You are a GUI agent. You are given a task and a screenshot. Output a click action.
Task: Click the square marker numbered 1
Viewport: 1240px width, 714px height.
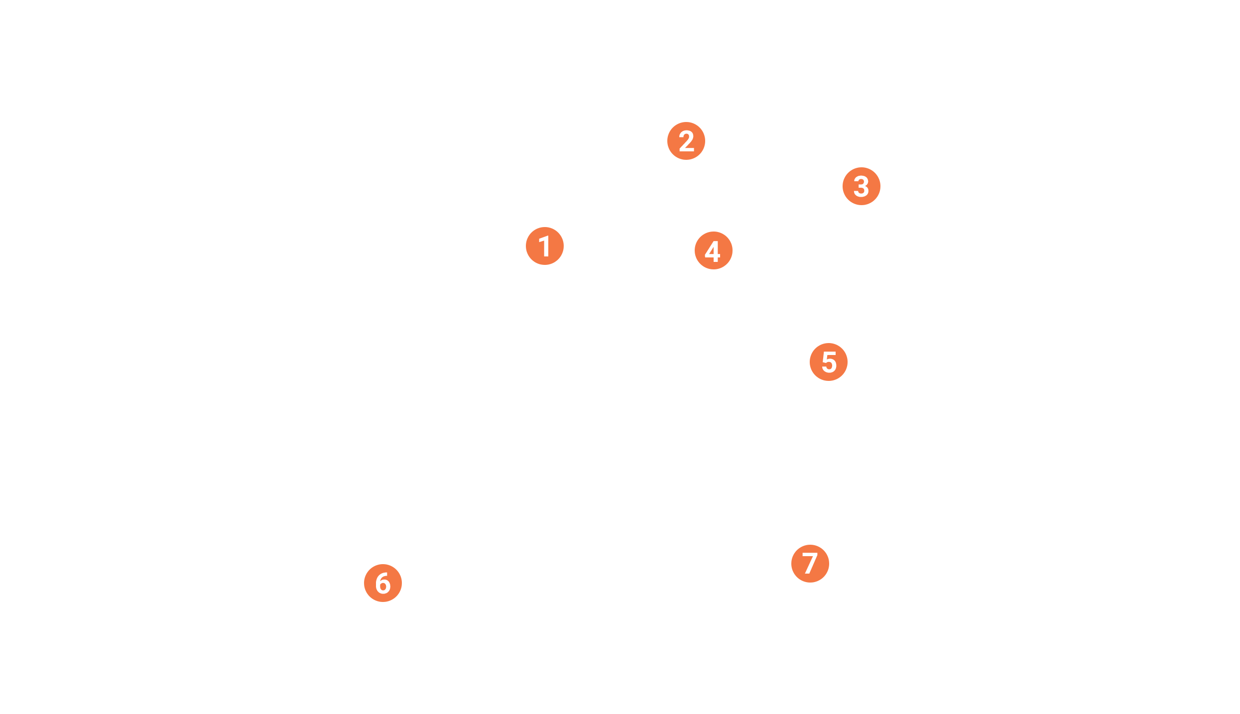coord(545,246)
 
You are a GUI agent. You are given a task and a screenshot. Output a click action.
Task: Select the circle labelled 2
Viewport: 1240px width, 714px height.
coord(686,141)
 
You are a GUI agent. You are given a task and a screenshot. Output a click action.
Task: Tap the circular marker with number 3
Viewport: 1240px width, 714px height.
coord(862,186)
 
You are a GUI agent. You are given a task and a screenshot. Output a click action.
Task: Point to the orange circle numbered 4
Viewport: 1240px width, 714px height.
coord(714,250)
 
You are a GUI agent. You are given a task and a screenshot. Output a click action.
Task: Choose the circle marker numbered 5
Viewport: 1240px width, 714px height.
coord(829,362)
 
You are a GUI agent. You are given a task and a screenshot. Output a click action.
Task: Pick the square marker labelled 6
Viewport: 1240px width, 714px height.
coord(383,583)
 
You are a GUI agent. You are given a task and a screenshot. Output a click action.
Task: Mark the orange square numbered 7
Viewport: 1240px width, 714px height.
coord(810,563)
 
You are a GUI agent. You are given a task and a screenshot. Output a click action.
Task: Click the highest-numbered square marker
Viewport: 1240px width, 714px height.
coord(810,563)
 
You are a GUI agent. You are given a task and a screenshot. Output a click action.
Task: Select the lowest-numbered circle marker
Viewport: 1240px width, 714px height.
coord(686,141)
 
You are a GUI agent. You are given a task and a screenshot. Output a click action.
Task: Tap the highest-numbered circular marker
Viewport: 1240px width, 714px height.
coord(829,362)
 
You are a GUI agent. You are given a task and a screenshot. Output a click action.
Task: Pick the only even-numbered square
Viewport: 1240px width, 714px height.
coord(383,583)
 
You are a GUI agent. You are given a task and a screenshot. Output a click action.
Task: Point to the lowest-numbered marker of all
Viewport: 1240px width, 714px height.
coord(545,246)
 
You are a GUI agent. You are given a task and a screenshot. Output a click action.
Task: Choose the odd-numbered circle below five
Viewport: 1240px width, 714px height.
coord(862,186)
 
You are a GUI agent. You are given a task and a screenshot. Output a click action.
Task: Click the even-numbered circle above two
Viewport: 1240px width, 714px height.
coord(714,250)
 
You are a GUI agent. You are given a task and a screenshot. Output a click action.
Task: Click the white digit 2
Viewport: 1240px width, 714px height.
coord(687,141)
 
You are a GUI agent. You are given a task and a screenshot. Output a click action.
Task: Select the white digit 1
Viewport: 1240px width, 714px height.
coord(545,246)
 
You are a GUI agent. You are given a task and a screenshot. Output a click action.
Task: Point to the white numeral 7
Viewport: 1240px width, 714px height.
coord(810,563)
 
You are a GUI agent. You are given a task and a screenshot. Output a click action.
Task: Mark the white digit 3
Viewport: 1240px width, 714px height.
coord(862,187)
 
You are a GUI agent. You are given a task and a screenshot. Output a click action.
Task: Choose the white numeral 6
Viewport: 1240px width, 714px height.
coord(383,583)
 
